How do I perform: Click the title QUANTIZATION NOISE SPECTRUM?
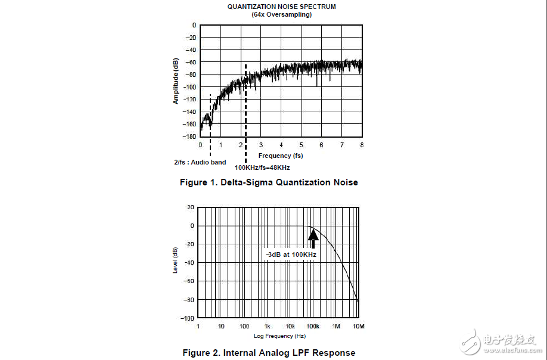(282, 7)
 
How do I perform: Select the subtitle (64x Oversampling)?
(282, 14)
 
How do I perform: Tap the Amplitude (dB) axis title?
(176, 81)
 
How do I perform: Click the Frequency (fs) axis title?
(281, 156)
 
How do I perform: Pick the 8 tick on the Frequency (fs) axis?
(362, 145)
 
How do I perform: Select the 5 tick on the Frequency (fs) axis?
(301, 145)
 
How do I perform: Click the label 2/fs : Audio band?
(200, 162)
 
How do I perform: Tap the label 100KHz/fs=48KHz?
(262, 168)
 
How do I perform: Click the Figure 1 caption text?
(269, 182)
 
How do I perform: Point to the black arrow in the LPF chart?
(313, 238)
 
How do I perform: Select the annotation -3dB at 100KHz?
(291, 255)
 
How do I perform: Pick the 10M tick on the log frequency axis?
(359, 327)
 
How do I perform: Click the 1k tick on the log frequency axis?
(268, 327)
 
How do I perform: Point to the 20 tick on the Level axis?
(191, 207)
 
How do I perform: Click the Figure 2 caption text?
(269, 353)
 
